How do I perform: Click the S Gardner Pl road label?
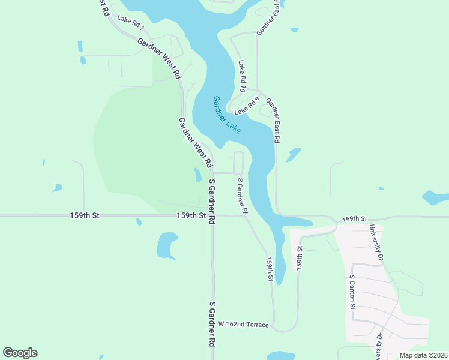click(x=242, y=196)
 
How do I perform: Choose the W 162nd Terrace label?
click(x=243, y=324)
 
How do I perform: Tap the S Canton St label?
click(x=353, y=292)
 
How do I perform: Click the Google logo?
click(x=20, y=353)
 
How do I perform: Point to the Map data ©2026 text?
click(x=423, y=355)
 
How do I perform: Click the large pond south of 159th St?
click(x=166, y=245)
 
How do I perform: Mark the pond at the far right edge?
click(x=435, y=197)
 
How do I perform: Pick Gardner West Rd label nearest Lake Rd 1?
click(x=159, y=59)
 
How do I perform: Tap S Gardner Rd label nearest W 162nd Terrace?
click(x=211, y=325)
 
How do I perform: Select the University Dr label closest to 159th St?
click(x=376, y=243)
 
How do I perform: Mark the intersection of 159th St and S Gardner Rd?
click(x=211, y=215)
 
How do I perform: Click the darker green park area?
click(x=144, y=150)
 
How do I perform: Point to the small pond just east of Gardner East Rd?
click(x=294, y=155)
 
